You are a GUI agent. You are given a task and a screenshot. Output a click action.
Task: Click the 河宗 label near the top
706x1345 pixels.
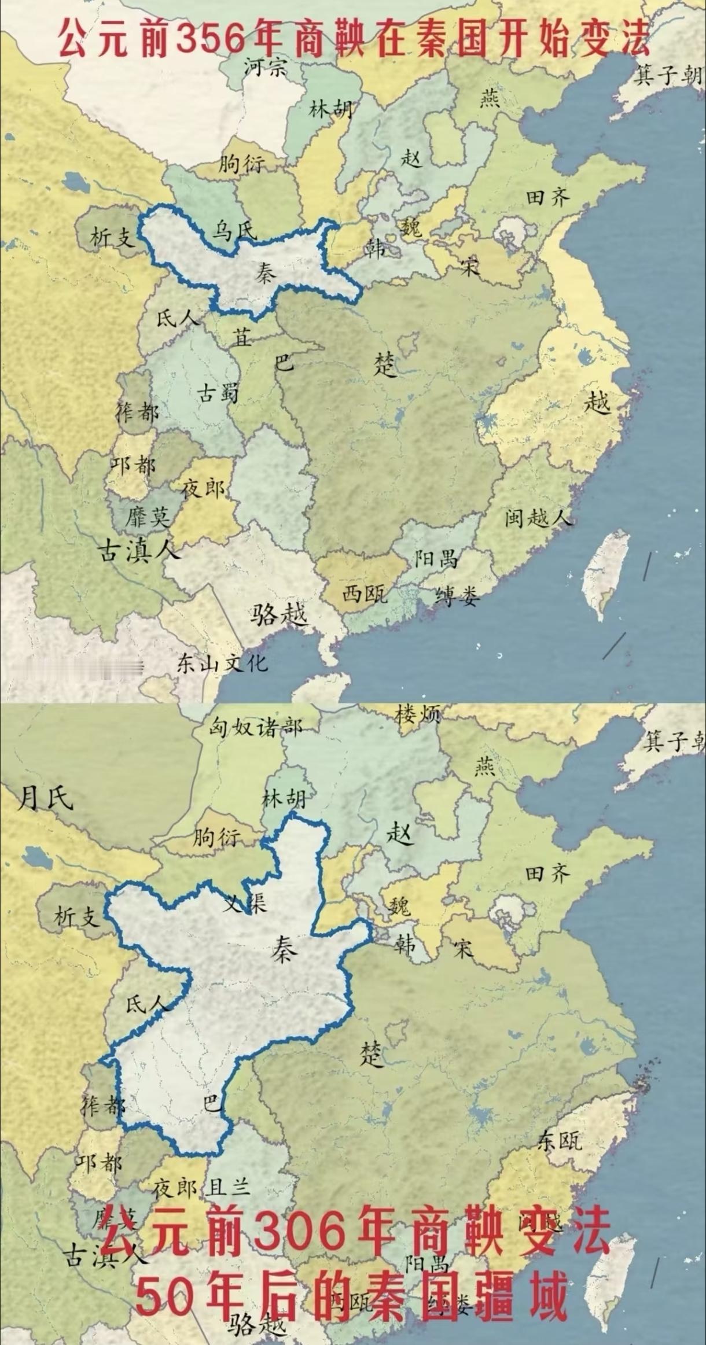[x=265, y=68]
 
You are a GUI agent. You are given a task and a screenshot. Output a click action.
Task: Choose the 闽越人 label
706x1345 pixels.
[x=537, y=517]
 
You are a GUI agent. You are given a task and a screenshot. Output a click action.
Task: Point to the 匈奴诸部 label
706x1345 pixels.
[x=255, y=727]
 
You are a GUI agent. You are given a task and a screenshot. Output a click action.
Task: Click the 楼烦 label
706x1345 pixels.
[x=417, y=715]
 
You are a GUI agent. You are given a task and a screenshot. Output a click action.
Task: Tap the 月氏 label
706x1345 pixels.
[x=45, y=799]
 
